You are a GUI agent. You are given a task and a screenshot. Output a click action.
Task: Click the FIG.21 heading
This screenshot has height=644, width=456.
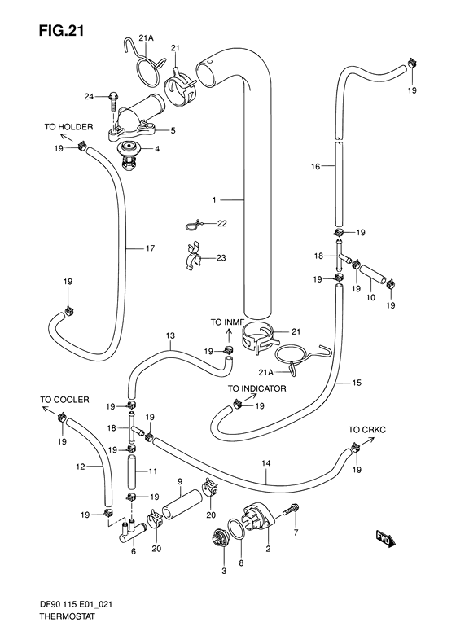click(x=61, y=31)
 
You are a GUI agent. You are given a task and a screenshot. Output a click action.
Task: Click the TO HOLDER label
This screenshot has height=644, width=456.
click(x=68, y=127)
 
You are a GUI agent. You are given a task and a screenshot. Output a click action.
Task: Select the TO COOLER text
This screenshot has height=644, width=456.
click(x=64, y=400)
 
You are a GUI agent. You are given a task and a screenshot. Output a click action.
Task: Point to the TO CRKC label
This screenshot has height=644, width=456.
click(x=367, y=430)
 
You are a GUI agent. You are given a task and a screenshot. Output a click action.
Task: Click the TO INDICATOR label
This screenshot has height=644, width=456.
click(x=257, y=388)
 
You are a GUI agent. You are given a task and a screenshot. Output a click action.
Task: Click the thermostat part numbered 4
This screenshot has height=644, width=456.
click(x=129, y=157)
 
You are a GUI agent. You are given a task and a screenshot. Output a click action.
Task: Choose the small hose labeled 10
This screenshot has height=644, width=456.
click(x=373, y=274)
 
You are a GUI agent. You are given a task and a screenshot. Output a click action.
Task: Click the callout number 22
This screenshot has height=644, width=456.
click(x=221, y=223)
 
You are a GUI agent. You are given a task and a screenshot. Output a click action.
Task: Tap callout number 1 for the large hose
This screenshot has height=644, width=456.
click(x=214, y=200)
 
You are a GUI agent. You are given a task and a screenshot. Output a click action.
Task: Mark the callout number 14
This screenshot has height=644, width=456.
click(x=265, y=463)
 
